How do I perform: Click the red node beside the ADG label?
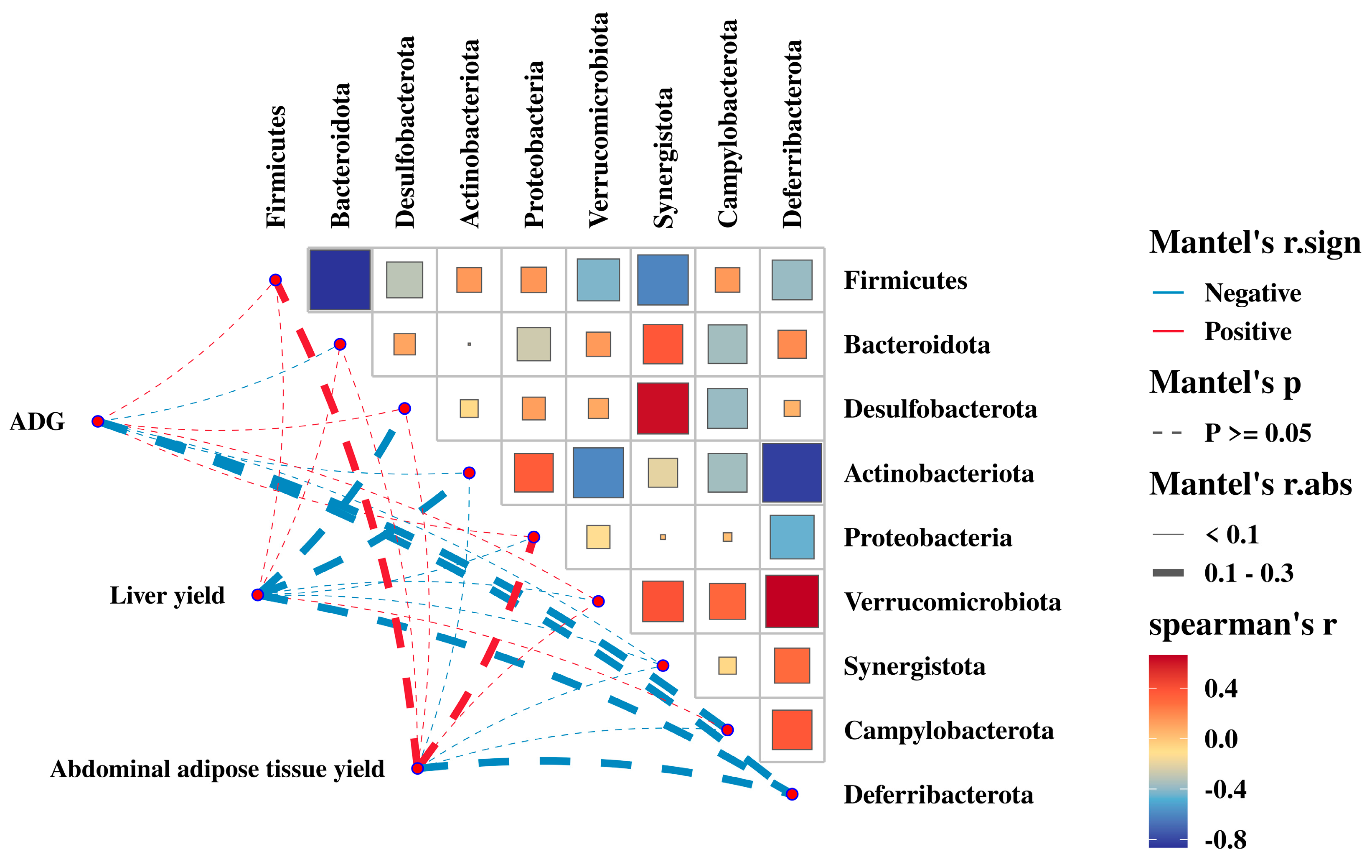[98, 421]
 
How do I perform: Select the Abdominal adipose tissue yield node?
[418, 768]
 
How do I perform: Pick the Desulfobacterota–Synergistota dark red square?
[663, 408]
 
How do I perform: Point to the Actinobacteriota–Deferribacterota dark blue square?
[792, 473]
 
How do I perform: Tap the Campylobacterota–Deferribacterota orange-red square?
[792, 730]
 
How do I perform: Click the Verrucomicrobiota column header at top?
[598, 120]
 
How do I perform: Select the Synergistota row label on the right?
[915, 666]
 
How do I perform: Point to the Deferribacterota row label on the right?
[938, 795]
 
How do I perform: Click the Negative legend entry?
[1253, 293]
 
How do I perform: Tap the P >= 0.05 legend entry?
[1258, 433]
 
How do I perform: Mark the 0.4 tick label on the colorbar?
[1220, 689]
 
